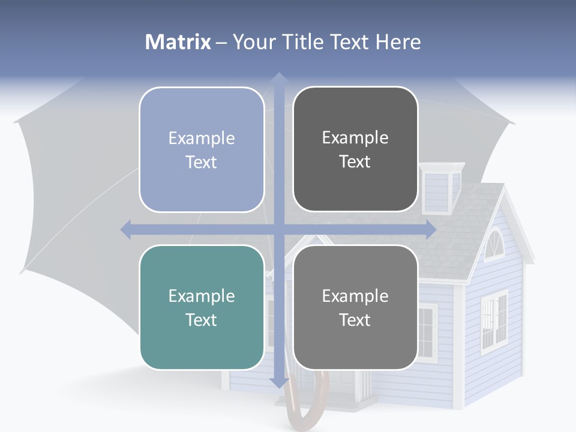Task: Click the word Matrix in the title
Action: pos(178,42)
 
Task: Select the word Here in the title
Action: pos(398,42)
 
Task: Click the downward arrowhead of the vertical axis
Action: pos(278,382)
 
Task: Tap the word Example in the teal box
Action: pos(202,296)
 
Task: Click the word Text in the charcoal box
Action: pos(355,162)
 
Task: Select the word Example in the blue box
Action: pos(202,139)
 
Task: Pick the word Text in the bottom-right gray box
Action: pos(355,320)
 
